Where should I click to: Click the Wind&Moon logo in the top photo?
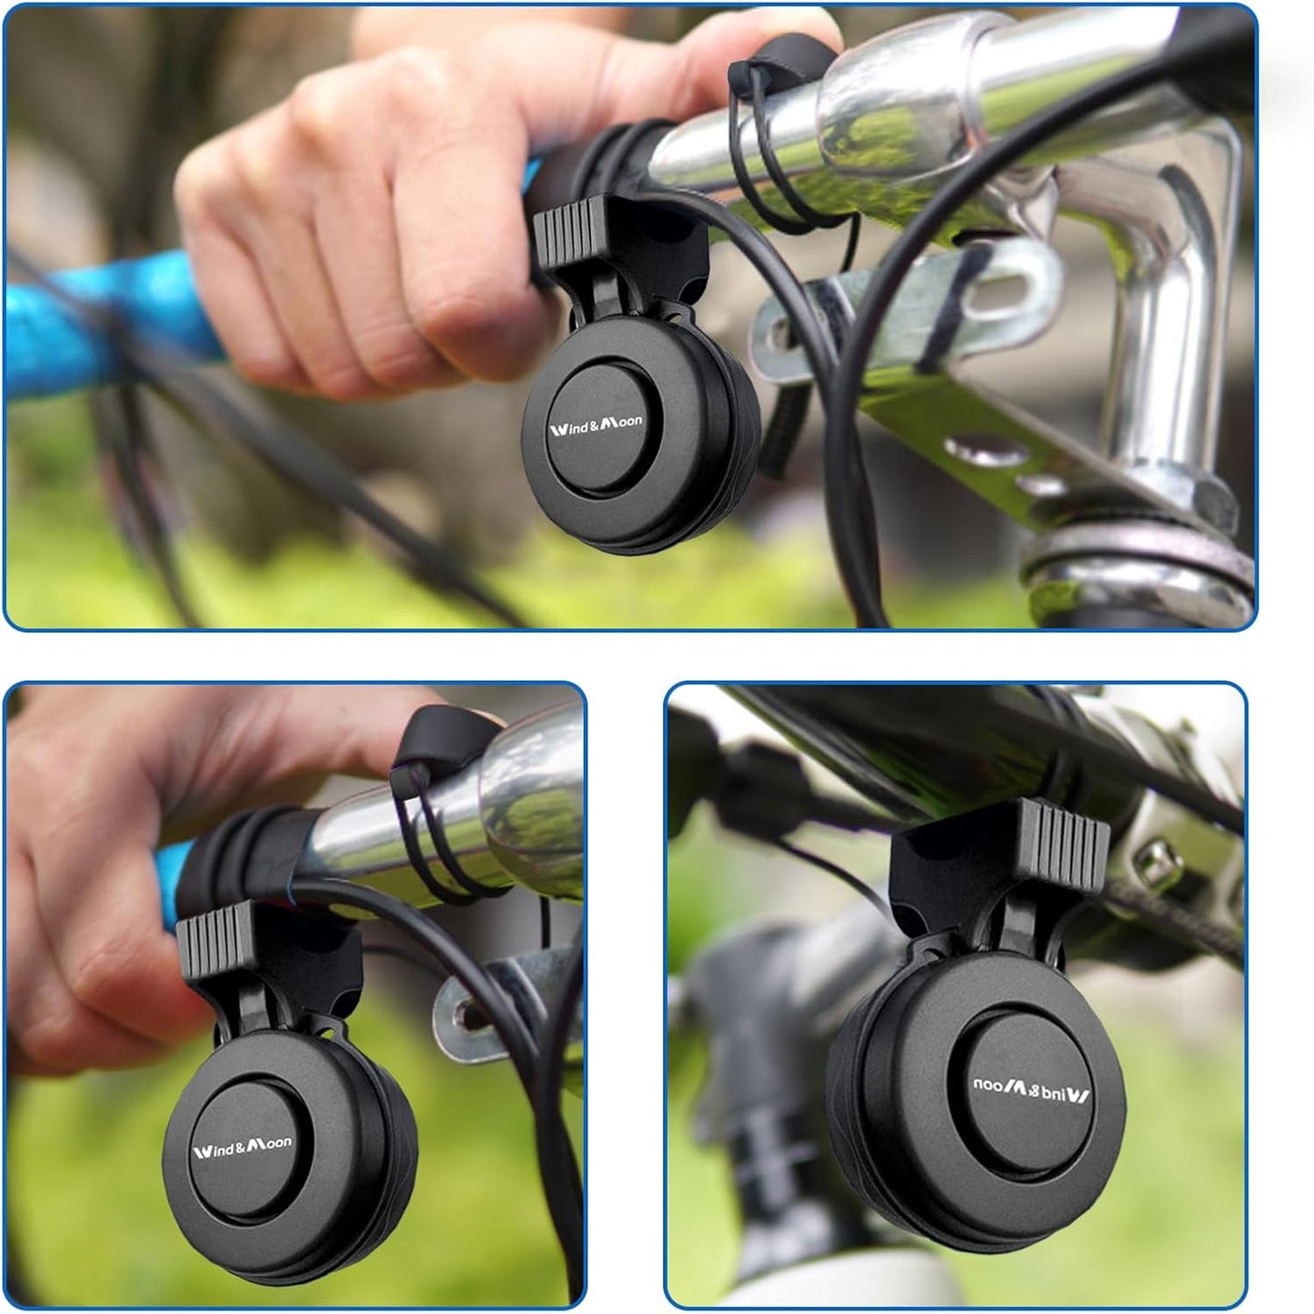pos(596,422)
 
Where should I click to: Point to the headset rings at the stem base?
pos(1137,564)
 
